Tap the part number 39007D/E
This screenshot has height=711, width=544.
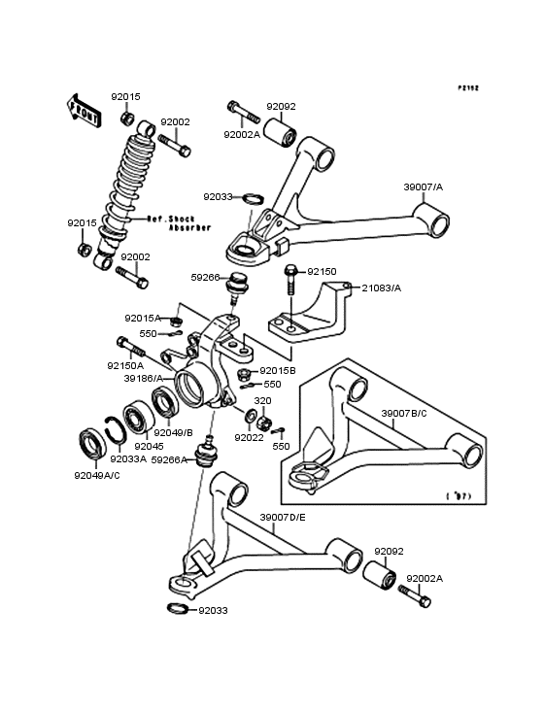[x=284, y=517]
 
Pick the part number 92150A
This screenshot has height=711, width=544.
[x=125, y=366]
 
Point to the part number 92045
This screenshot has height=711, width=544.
[x=151, y=446]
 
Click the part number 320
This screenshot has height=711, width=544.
[x=262, y=400]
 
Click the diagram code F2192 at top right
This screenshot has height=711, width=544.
[x=469, y=87]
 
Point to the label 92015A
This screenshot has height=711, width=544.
[x=142, y=318]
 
